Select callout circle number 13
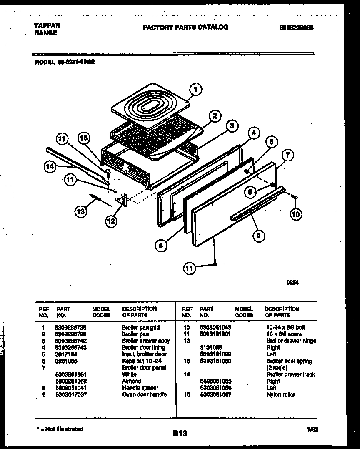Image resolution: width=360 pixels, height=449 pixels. [x=81, y=212]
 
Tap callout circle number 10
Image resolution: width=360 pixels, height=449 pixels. [x=296, y=214]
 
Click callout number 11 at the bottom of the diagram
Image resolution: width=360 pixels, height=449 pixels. [x=190, y=269]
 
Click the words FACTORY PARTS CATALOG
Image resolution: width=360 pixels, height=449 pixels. [x=185, y=27]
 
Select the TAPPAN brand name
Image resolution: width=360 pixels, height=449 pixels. [x=47, y=25]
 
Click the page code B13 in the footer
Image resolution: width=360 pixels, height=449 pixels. [x=179, y=434]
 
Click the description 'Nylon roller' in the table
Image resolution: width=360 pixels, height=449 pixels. [x=280, y=394]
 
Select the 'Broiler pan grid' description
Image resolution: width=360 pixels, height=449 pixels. [x=140, y=328]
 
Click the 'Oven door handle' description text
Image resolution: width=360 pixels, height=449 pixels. [x=144, y=394]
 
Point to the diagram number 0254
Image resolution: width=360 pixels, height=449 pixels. [x=292, y=282]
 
